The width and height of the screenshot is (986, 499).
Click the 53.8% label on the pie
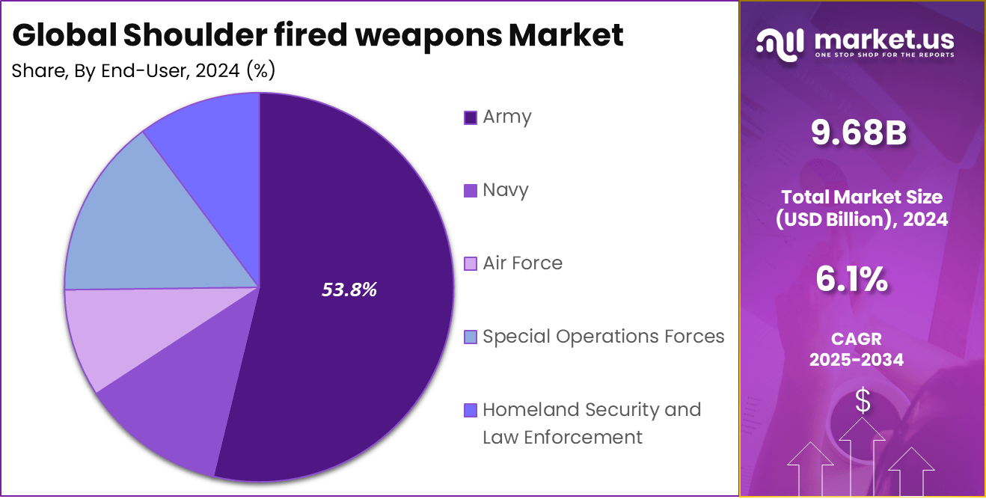[x=349, y=290]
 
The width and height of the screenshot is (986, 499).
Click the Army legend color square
[x=471, y=117]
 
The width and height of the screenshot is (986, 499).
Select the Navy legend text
[x=506, y=190]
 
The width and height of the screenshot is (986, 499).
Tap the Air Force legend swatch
[x=471, y=264]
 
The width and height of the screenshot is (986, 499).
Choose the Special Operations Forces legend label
[x=603, y=337]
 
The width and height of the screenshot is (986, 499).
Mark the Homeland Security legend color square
[x=471, y=411]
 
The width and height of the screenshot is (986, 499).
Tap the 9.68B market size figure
[x=859, y=133]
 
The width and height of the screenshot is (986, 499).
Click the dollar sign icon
[x=863, y=402]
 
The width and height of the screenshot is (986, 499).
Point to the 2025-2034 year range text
[x=857, y=360]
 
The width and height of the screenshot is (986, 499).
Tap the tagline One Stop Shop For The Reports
[x=884, y=55]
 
